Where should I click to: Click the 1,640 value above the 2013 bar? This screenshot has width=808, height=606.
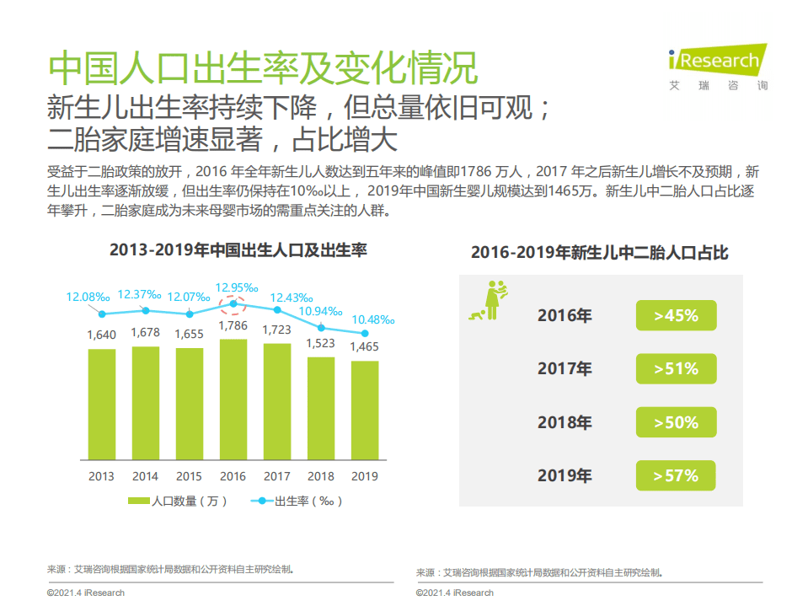point(101,335)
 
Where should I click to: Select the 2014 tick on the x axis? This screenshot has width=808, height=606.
point(145,476)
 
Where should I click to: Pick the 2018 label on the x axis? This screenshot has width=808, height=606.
point(321,476)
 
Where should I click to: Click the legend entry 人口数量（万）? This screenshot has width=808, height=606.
point(178,501)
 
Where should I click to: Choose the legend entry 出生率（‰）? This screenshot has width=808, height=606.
point(297,501)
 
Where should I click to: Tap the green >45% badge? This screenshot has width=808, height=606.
point(676,315)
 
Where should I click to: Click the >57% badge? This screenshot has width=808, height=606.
point(676,475)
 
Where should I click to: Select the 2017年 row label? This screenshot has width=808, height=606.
point(565,369)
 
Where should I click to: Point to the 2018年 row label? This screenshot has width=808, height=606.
point(565,422)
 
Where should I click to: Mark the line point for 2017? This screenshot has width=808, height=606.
point(277,309)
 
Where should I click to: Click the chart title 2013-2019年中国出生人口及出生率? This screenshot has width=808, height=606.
point(238,250)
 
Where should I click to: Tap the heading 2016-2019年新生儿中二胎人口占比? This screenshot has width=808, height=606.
point(599,253)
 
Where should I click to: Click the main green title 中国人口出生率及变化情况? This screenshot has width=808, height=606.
point(262,67)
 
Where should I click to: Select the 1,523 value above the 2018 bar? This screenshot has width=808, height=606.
point(321,343)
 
